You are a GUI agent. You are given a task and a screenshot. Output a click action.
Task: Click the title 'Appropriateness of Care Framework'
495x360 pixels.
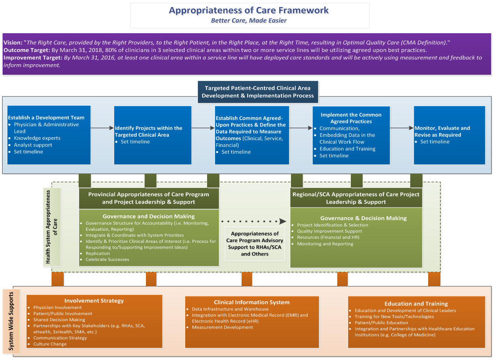pyautogui.click(x=249, y=10)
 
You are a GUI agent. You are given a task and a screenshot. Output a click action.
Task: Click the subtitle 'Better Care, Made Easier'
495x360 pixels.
pyautogui.click(x=249, y=21)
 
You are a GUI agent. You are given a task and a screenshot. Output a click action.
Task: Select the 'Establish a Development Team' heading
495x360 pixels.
pyautogui.click(x=46, y=118)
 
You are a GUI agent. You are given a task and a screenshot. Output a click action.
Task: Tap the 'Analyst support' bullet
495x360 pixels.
pyautogui.click(x=34, y=145)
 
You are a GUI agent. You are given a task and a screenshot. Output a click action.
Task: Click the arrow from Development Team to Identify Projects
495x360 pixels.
pyautogui.click(x=102, y=128)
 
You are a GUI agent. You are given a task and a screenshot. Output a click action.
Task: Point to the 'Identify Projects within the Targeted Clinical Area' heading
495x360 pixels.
pyautogui.click(x=149, y=132)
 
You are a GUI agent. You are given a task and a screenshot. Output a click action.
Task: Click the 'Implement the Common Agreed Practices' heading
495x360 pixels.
pyautogui.click(x=351, y=118)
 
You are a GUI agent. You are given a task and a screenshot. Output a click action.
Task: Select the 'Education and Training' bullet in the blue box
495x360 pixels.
pyautogui.click(x=347, y=149)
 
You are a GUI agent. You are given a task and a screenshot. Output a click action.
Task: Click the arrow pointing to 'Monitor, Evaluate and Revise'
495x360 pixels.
pyautogui.click(x=402, y=128)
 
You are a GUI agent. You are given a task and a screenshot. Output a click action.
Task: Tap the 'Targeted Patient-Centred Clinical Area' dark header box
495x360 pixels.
pyautogui.click(x=257, y=92)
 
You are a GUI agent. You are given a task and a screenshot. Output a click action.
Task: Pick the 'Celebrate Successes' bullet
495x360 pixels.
pyautogui.click(x=107, y=260)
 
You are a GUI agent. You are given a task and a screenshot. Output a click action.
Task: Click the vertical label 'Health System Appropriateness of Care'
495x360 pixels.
pyautogui.click(x=52, y=227)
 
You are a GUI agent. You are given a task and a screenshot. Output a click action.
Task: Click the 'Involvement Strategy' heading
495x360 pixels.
pyautogui.click(x=94, y=301)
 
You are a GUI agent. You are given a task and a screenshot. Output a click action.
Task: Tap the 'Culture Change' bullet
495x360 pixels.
pyautogui.click(x=50, y=344)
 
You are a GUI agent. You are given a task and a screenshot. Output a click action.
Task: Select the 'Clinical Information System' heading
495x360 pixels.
pyautogui.click(x=251, y=302)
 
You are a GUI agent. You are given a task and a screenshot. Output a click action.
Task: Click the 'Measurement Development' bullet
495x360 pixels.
pyautogui.click(x=222, y=327)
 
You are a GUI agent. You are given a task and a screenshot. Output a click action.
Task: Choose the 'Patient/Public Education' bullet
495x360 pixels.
pyautogui.click(x=381, y=323)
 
